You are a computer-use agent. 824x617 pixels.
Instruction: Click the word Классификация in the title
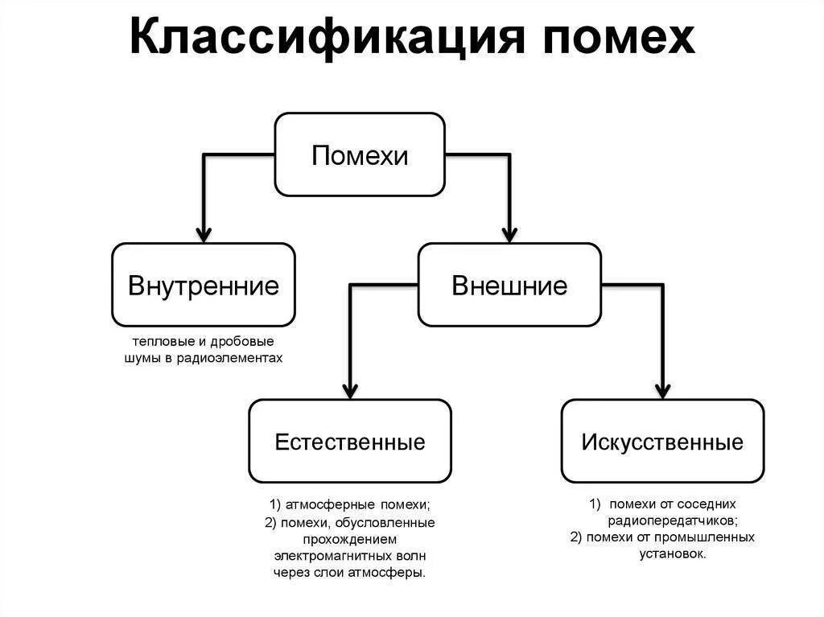tap(322, 38)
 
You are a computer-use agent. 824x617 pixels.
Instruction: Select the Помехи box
tap(360, 154)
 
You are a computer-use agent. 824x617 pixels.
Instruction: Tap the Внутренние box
tap(204, 285)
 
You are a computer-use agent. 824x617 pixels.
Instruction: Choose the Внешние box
tap(509, 285)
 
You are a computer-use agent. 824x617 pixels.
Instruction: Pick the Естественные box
tap(350, 441)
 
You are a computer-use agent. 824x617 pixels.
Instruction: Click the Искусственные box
tap(662, 441)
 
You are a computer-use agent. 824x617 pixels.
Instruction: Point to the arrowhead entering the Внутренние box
tap(204, 234)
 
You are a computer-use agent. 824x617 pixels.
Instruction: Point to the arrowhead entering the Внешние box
tap(509, 234)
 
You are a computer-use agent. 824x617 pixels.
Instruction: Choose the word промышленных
tap(715, 537)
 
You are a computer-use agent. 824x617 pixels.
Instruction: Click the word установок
tap(673, 553)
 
